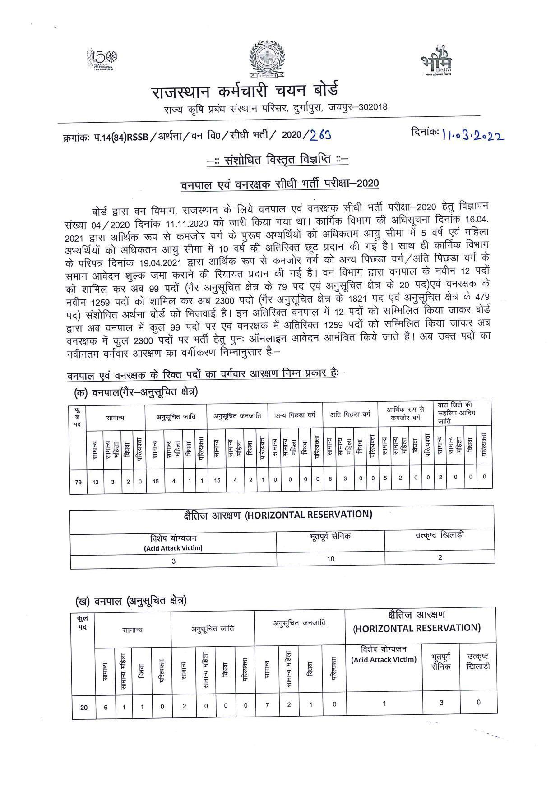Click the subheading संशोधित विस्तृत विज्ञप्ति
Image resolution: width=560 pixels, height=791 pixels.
coord(278,160)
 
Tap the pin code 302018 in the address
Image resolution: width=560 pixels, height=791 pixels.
coord(370,107)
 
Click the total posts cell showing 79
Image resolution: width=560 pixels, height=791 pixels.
coord(78,482)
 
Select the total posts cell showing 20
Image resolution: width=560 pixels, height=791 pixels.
coord(84,707)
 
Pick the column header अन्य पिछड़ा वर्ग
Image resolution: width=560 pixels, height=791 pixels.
coord(295,415)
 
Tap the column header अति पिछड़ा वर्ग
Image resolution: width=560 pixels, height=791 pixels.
coord(350,414)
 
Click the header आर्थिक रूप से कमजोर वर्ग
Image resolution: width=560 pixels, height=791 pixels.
coord(405,414)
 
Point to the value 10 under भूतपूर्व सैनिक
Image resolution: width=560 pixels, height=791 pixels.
coord(331,559)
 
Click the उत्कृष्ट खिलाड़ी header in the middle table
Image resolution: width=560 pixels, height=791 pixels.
coord(440,535)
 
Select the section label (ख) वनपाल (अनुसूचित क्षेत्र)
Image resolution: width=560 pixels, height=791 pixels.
coord(131,601)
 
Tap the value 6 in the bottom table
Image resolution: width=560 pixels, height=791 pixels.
coord(106,707)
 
